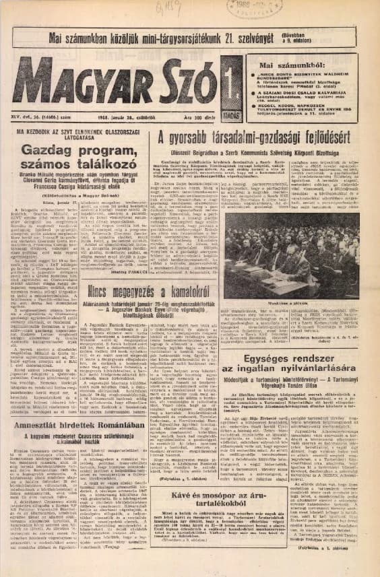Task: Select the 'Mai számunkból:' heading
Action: pos(284,65)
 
